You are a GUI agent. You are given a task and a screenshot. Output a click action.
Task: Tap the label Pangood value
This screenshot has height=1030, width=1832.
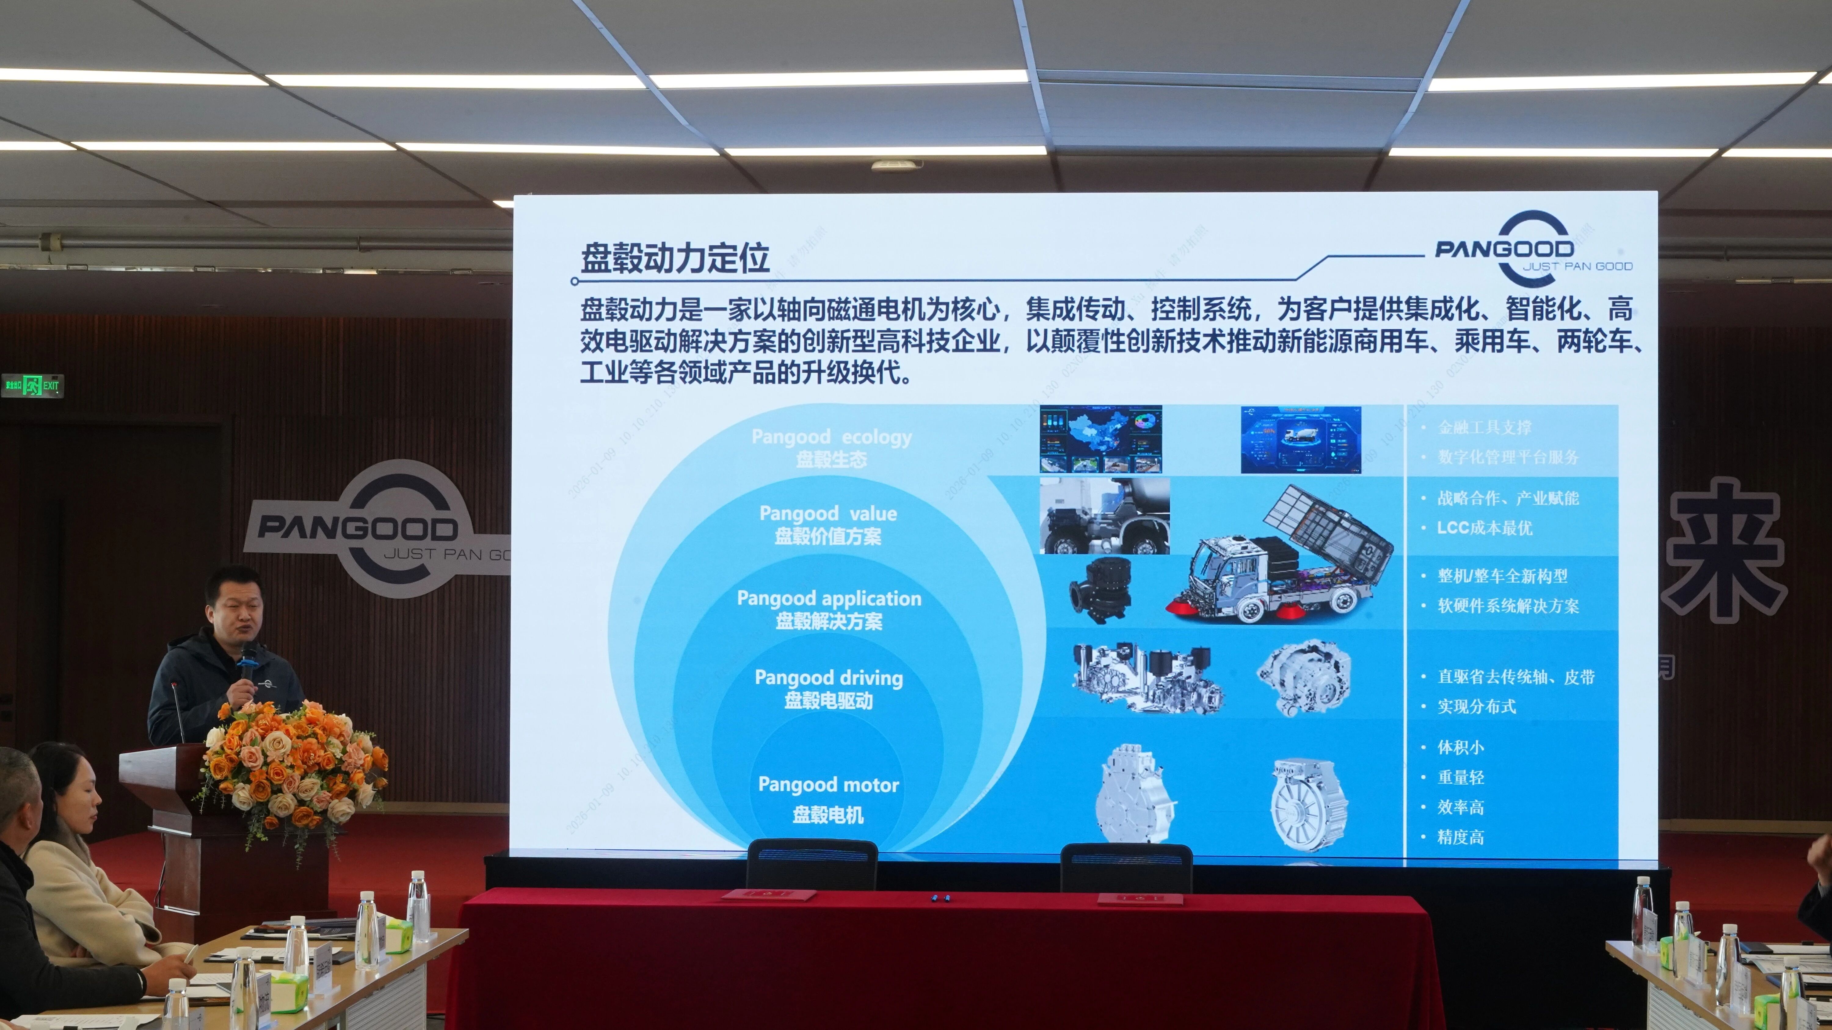828,513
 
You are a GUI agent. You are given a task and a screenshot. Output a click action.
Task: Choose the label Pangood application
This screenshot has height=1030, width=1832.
829,598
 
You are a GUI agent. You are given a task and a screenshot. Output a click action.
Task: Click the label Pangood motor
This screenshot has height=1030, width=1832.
829,785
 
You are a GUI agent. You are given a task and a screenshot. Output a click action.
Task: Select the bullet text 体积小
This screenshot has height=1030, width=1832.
1461,747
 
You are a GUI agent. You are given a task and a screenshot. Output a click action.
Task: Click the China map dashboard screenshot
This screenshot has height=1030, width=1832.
1100,439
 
